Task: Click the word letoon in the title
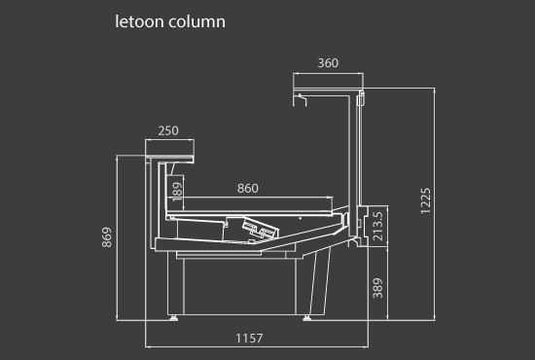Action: click(x=139, y=21)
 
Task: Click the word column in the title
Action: click(x=196, y=21)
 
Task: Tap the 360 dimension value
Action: click(x=328, y=63)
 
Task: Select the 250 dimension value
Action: click(x=168, y=130)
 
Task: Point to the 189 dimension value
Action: click(x=177, y=192)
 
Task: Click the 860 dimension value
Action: click(x=248, y=189)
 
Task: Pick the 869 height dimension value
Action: click(x=107, y=237)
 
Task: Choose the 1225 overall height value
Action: click(x=426, y=201)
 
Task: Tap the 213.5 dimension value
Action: click(x=378, y=226)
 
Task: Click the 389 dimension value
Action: click(x=378, y=288)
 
